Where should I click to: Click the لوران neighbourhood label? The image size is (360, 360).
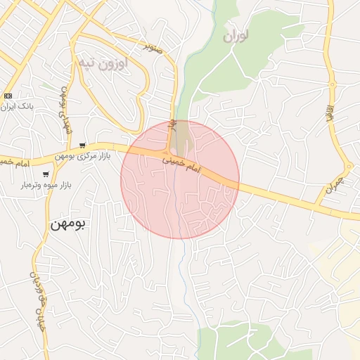pos(236,36)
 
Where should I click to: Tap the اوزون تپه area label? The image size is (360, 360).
pos(103,64)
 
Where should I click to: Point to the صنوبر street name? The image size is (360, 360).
pos(153,48)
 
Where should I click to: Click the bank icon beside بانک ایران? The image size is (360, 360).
pos(8,96)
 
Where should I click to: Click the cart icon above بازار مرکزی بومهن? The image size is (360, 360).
pos(82,146)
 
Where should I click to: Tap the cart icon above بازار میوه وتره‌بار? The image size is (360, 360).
pos(46,174)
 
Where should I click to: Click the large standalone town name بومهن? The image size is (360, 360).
pos(67,224)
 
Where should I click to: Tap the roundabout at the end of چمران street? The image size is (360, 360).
pos(348,166)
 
